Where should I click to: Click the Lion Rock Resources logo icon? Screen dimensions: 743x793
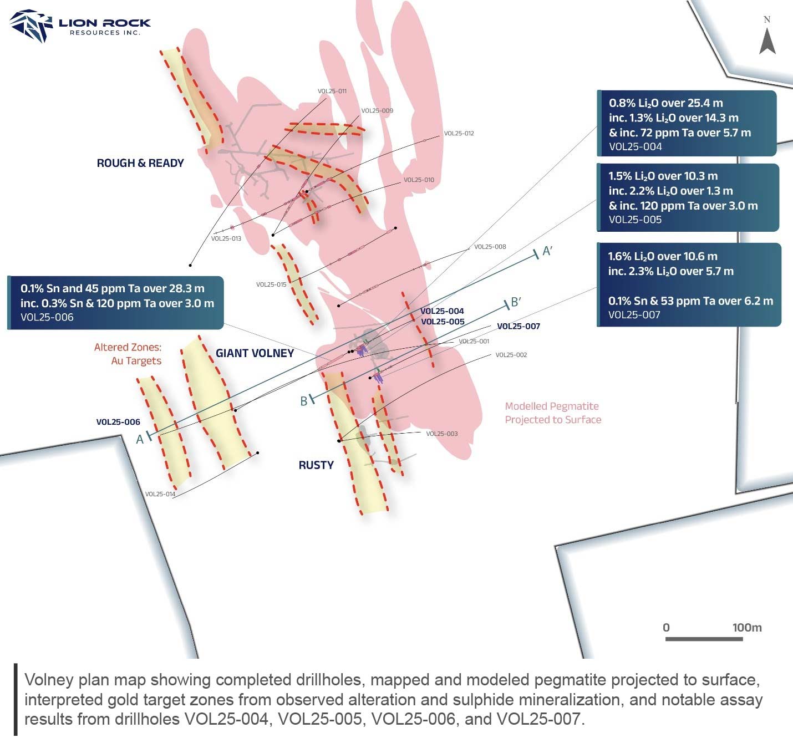click(31, 26)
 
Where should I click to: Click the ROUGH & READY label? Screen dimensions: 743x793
click(140, 163)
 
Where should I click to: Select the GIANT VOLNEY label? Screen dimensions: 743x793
click(255, 353)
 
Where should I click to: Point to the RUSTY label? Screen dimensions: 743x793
click(316, 465)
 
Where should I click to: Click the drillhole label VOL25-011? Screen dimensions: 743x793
click(332, 91)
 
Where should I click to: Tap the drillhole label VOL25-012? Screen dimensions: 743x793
click(459, 134)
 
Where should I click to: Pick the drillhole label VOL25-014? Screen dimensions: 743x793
click(160, 494)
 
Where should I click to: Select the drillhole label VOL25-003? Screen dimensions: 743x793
click(442, 434)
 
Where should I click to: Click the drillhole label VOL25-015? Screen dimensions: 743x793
click(271, 284)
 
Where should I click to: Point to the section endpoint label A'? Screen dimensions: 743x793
click(547, 251)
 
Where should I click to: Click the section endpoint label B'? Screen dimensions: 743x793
click(516, 302)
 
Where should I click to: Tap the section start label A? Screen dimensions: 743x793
click(140, 439)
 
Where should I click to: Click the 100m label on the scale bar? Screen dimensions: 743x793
click(747, 628)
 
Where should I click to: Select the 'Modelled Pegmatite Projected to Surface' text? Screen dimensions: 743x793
click(552, 413)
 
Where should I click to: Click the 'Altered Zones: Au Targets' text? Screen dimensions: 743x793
click(128, 354)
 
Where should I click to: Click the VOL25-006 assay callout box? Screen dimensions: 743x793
click(115, 303)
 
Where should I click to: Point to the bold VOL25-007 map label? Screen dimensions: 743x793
click(518, 326)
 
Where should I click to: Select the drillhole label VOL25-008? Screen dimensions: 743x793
click(490, 247)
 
